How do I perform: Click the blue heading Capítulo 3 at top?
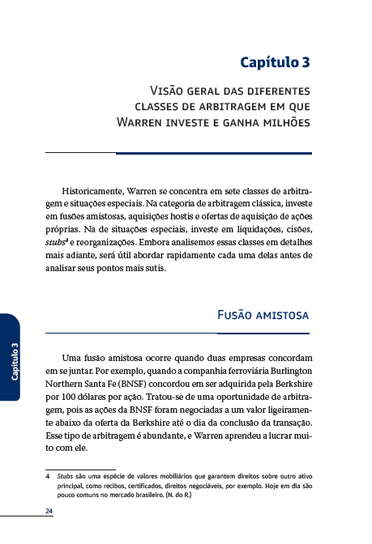[275, 62]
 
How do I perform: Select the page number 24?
[49, 511]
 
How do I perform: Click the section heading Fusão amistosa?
[264, 315]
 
